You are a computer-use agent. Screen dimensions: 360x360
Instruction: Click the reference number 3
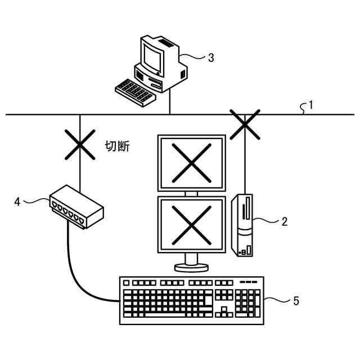210,57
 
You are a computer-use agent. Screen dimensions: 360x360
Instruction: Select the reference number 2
284,221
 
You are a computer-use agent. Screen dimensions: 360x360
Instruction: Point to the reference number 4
17,201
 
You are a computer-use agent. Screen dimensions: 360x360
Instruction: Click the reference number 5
295,301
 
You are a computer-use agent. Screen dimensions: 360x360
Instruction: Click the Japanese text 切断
118,147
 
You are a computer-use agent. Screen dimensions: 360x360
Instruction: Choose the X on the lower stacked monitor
191,223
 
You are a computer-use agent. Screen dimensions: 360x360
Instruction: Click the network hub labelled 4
76,207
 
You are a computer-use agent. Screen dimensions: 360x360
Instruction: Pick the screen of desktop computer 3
151,55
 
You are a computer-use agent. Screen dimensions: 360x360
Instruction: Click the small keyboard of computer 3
134,92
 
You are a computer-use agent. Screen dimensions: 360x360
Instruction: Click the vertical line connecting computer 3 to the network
170,101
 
